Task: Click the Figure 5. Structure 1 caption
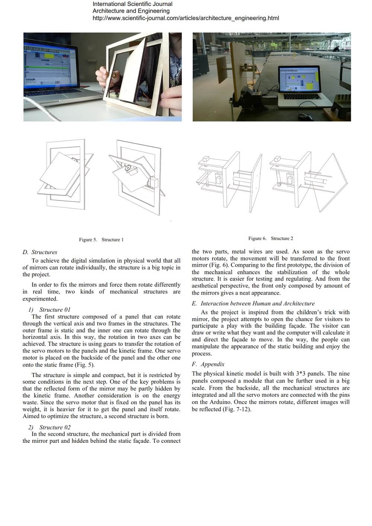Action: tap(101, 240)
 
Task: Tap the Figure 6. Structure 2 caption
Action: tap(270, 238)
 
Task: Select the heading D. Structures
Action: tap(40, 252)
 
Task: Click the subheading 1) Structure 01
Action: tap(49, 309)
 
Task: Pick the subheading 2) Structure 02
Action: tap(49, 427)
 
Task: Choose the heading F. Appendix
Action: tap(208, 364)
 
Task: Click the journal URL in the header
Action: tap(186, 18)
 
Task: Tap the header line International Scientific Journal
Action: tap(132, 4)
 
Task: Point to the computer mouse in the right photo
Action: tap(305, 117)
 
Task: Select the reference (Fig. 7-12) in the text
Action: tap(237, 409)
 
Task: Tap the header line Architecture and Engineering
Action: tap(131, 11)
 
